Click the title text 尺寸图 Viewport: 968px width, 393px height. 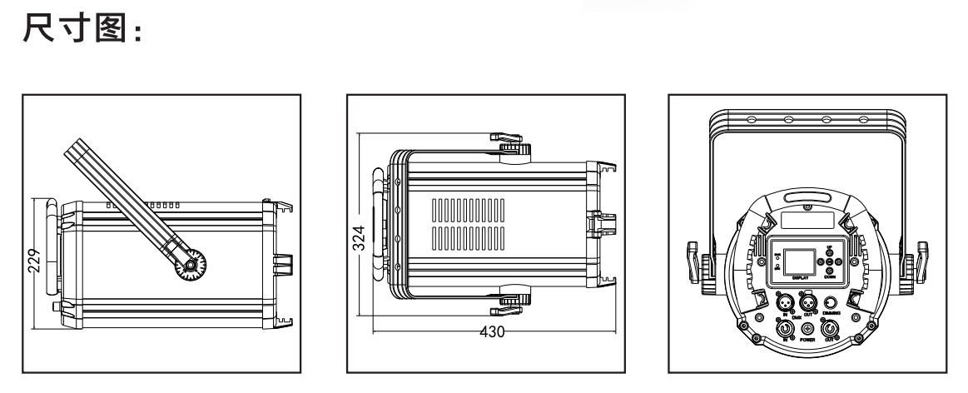pyautogui.click(x=80, y=33)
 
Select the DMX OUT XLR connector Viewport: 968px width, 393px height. pyautogui.click(x=807, y=301)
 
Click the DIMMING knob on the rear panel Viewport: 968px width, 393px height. pyautogui.click(x=830, y=301)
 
